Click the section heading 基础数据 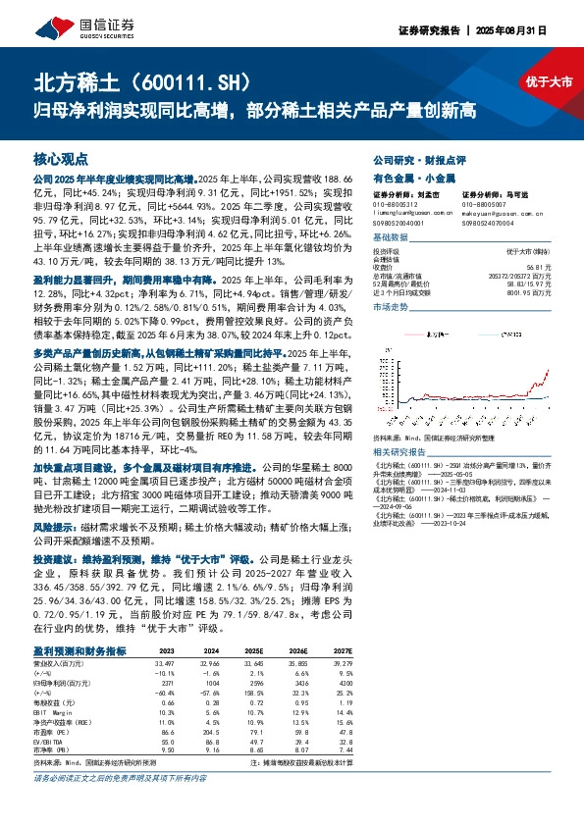tap(390, 239)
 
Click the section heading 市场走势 tap(390, 307)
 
